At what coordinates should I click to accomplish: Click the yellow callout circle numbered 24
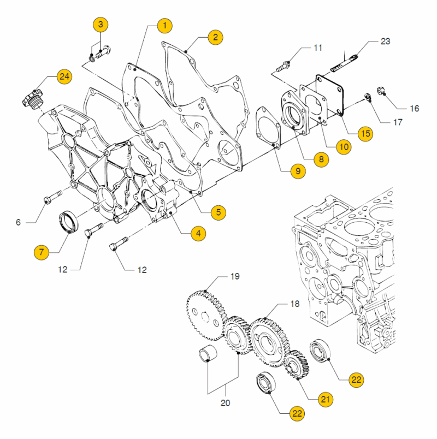64,76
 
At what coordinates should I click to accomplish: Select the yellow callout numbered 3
101,25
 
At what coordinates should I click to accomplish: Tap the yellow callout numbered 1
165,26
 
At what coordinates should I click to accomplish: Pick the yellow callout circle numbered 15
365,133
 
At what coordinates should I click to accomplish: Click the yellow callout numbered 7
42,252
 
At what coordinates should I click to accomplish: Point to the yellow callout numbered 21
325,399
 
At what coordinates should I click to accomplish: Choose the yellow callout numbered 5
218,212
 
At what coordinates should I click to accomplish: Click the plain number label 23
386,41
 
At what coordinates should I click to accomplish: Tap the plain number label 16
414,108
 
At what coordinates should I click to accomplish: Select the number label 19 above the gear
235,276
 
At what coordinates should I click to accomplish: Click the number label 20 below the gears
225,403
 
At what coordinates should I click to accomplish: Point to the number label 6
18,222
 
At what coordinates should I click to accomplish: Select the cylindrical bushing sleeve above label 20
208,354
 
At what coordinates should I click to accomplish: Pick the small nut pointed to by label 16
381,91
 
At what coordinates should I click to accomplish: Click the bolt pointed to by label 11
283,67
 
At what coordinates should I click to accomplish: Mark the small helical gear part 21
297,365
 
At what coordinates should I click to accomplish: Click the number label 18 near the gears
294,304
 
